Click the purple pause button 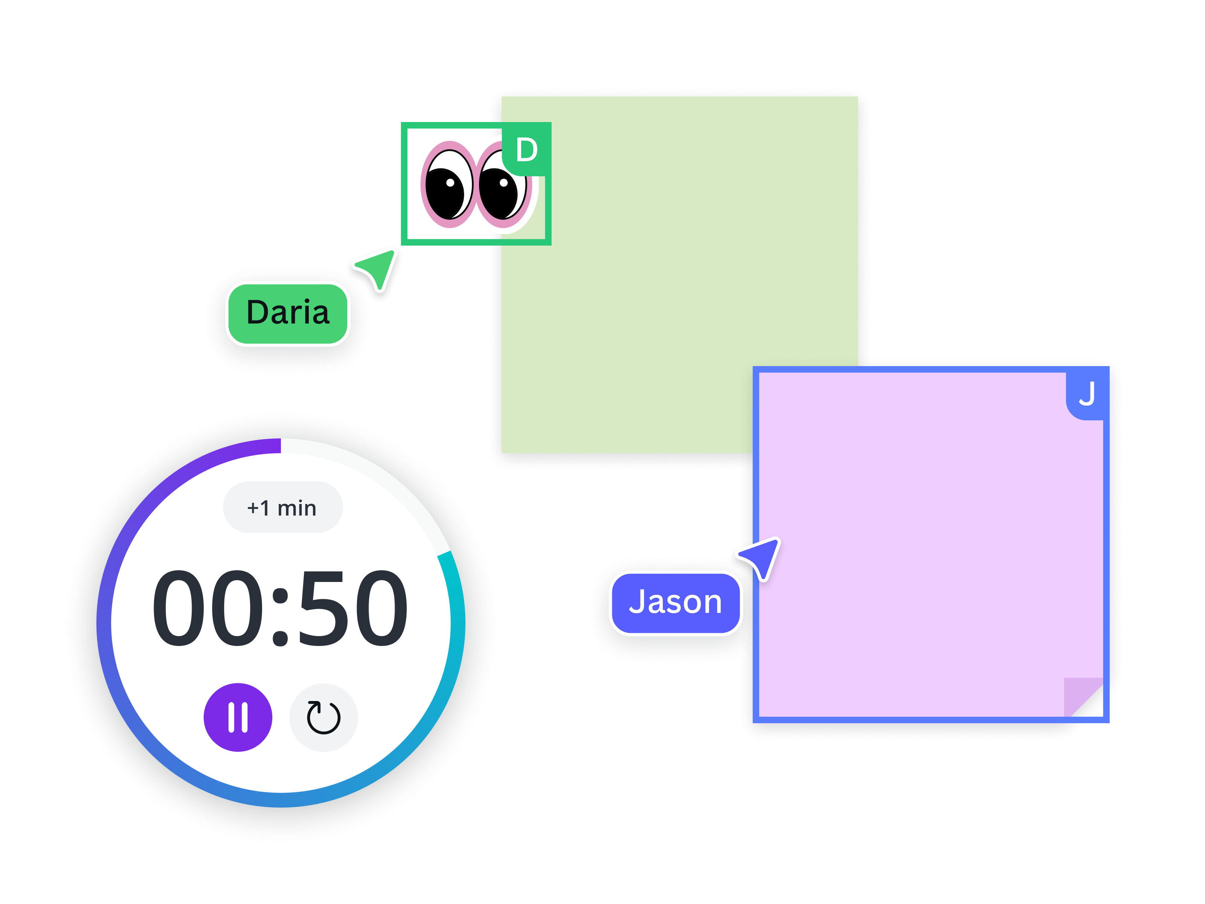tap(238, 717)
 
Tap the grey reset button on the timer tap(323, 717)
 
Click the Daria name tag tap(288, 314)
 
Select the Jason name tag tap(676, 603)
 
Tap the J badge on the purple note tap(1086, 394)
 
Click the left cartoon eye tap(449, 185)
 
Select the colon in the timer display tap(280, 616)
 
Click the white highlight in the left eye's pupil tap(450, 183)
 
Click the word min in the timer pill tap(297, 508)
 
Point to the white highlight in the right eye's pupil tap(504, 183)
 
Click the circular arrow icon tap(323, 717)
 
